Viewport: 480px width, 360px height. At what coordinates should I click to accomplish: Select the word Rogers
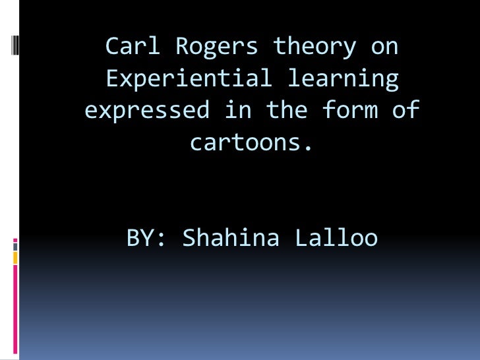217,47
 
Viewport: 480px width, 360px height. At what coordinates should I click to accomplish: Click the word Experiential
189,78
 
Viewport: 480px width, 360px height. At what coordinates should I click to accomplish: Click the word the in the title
287,109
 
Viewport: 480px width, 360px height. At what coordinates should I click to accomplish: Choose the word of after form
406,109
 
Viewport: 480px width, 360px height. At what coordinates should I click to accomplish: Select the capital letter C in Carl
112,47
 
